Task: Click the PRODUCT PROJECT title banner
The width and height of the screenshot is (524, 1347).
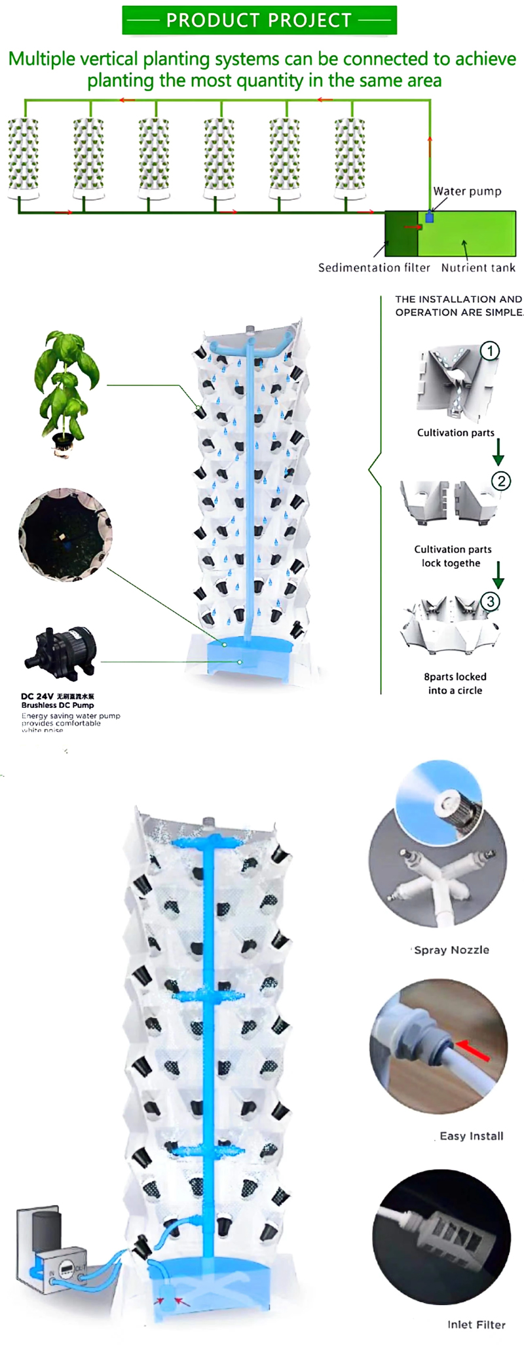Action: (259, 20)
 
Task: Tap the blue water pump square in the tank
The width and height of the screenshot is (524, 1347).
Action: (430, 217)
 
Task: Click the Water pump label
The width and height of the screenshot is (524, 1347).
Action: (467, 191)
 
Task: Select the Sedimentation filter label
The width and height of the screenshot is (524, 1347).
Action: (374, 267)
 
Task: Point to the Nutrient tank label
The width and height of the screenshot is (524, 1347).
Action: (478, 267)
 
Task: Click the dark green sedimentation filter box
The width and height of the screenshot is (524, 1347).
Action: (401, 233)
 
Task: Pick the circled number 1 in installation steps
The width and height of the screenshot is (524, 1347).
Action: (490, 351)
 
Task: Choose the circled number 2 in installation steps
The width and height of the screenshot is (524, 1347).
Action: (501, 481)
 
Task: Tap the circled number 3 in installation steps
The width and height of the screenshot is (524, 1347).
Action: (491, 601)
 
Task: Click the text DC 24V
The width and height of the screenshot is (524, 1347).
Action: (37, 696)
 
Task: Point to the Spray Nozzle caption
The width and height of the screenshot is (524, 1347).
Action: (451, 950)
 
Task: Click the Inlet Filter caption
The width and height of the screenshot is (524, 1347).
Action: (476, 1325)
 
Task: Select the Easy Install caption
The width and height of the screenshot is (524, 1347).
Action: (471, 1136)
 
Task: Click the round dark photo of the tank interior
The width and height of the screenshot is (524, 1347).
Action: (65, 535)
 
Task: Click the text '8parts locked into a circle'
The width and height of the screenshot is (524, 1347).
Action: (455, 683)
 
